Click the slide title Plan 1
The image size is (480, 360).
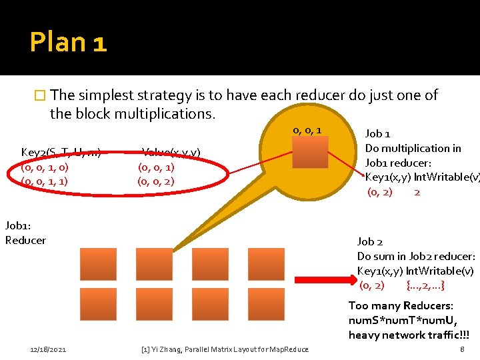point(68,43)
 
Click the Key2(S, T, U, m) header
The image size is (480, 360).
point(61,153)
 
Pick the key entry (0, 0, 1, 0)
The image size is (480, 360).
point(45,167)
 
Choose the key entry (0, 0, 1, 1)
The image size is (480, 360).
point(45,181)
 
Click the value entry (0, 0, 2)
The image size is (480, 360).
point(155,181)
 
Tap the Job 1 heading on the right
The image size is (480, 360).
point(378,133)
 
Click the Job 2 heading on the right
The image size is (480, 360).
point(370,241)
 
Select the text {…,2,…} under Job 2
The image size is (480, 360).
point(425,285)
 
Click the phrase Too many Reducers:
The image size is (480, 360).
point(401,305)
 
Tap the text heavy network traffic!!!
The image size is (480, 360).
point(409,335)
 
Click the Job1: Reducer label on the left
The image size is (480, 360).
point(25,233)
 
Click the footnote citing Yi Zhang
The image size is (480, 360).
point(225,349)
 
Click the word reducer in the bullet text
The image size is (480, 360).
point(287,95)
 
